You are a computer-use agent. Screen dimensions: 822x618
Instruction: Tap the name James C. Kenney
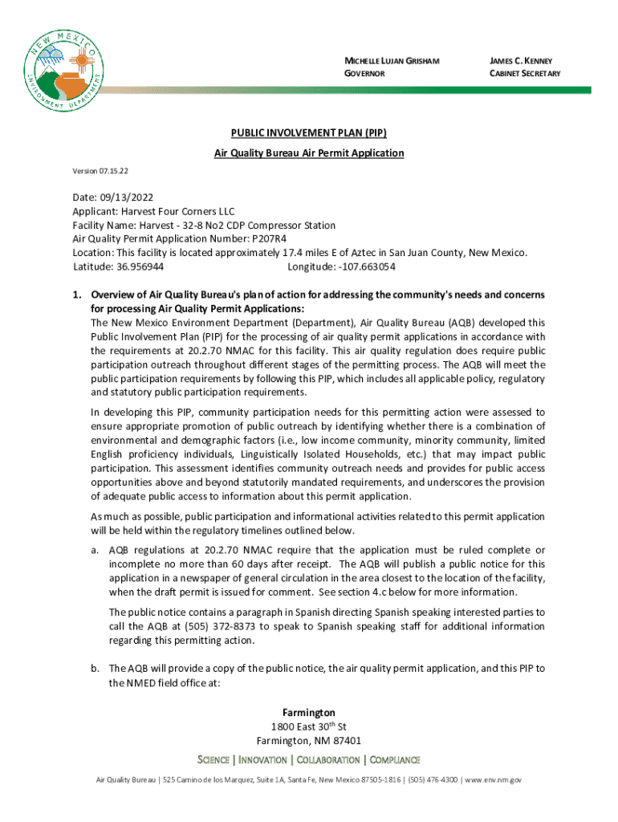coord(520,61)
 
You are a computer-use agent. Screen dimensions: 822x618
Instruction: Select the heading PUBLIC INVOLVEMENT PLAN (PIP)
coord(309,134)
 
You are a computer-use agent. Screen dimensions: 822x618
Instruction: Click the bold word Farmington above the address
coord(309,713)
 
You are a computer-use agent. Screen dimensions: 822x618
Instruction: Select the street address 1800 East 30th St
coord(309,726)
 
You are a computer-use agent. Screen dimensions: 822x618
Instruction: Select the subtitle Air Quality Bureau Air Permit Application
coord(309,153)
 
